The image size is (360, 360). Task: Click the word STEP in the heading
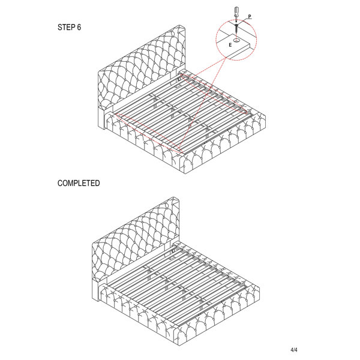65,27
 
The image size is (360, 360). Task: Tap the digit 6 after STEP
79,27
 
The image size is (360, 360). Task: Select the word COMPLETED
79,183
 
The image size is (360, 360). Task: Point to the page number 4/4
294,350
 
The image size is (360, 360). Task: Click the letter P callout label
250,17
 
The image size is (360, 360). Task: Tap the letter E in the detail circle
230,45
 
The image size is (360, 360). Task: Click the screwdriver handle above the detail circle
236,11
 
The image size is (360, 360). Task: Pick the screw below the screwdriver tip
236,28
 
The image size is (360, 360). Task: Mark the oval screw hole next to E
236,41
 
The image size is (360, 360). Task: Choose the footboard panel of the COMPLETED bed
219,315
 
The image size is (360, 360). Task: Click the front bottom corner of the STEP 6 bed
185,173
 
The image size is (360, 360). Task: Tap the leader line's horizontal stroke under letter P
250,19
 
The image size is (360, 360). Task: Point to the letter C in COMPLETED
59,183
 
